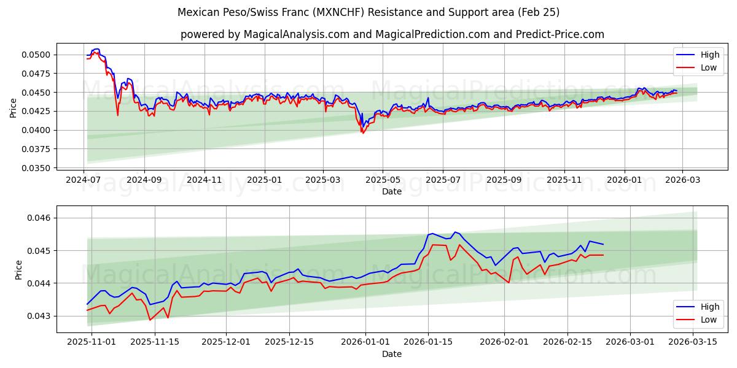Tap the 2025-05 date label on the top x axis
pos(383,180)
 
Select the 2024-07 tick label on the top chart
pos(84,180)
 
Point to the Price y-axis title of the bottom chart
pos(19,269)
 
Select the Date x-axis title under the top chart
pos(392,191)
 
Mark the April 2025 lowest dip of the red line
pos(362,133)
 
